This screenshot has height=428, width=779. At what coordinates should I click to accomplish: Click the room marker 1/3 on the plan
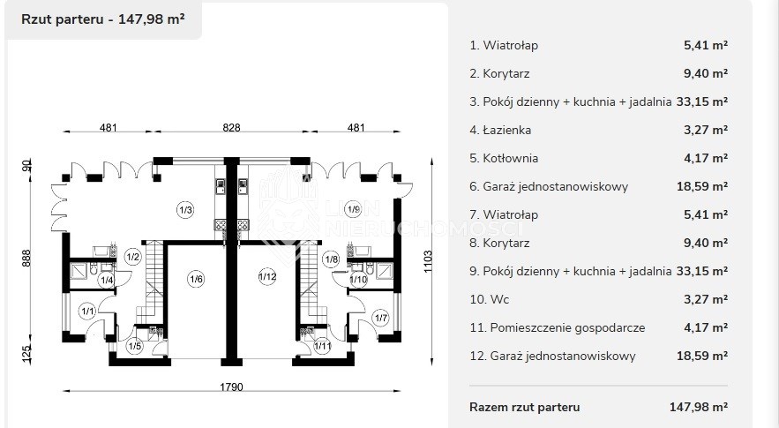(x=185, y=210)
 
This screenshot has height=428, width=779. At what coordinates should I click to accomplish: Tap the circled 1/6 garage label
(x=196, y=279)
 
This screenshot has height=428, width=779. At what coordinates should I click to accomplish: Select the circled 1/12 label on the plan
(x=267, y=276)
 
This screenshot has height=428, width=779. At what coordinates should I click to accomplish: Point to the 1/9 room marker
(x=353, y=209)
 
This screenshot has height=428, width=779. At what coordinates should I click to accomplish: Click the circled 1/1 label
(x=87, y=312)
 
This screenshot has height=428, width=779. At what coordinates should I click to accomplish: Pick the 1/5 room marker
(x=134, y=346)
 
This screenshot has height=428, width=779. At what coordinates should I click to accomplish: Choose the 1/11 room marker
(x=322, y=346)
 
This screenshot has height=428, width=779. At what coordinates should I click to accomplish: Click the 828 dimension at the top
(x=231, y=128)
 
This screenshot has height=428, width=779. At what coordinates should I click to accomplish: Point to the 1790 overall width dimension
(x=231, y=387)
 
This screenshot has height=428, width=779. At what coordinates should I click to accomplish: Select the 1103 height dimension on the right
(x=428, y=261)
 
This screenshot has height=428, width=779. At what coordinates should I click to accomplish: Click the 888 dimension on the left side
(x=26, y=258)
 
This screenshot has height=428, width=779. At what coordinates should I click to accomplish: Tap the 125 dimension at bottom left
(x=26, y=354)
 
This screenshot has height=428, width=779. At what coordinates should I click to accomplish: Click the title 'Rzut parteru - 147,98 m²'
(x=103, y=19)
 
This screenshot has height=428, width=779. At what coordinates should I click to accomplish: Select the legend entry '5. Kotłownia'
(x=504, y=158)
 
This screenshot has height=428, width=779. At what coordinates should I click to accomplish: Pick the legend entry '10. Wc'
(x=490, y=299)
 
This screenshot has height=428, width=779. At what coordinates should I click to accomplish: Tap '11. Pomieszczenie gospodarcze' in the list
(x=558, y=327)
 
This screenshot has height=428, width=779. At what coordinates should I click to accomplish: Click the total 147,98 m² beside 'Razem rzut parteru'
(x=699, y=407)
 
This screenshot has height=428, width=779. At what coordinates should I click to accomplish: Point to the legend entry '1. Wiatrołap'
(x=504, y=45)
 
